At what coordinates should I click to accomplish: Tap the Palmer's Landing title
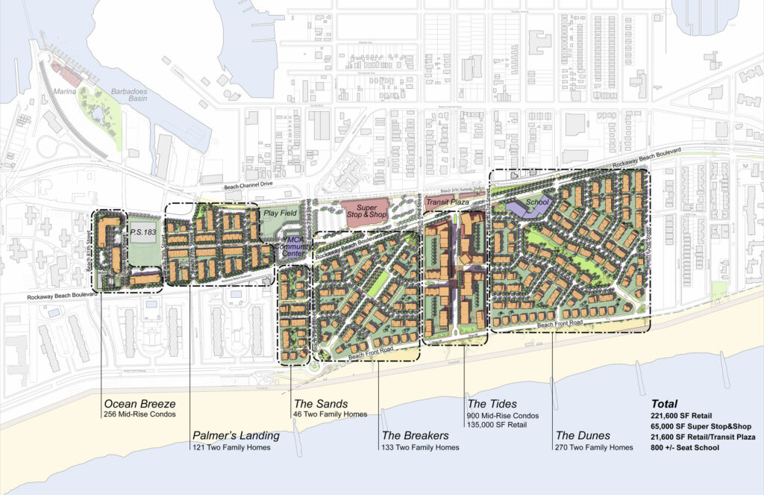point(236,435)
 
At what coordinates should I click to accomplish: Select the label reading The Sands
point(319,403)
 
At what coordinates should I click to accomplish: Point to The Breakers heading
point(415,435)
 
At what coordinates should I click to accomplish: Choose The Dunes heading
point(583,435)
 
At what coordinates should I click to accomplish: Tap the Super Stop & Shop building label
point(365,209)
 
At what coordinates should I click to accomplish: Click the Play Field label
point(278,214)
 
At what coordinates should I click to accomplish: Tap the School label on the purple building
point(537,202)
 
